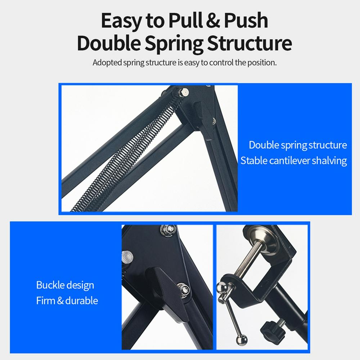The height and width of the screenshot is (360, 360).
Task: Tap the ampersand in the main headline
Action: pyautogui.click(x=213, y=21)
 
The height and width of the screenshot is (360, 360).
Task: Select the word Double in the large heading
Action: pyautogui.click(x=109, y=43)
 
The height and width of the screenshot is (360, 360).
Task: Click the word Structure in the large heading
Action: pyautogui.click(x=249, y=43)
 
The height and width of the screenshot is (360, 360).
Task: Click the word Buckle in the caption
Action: pyautogui.click(x=50, y=285)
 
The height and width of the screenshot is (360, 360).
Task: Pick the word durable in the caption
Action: pyautogui.click(x=81, y=301)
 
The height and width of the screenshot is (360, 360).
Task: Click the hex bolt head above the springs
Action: pyautogui.click(x=184, y=93)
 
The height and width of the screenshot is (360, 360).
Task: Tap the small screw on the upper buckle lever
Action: pyautogui.click(x=214, y=121)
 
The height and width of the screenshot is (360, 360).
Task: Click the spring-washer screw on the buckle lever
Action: pyautogui.click(x=184, y=290)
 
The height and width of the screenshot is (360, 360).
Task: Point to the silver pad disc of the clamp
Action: pyautogui.click(x=264, y=239)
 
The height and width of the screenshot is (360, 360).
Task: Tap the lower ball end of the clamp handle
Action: pyautogui.click(x=242, y=340)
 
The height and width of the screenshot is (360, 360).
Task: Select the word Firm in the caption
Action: pyautogui.click(x=45, y=301)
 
